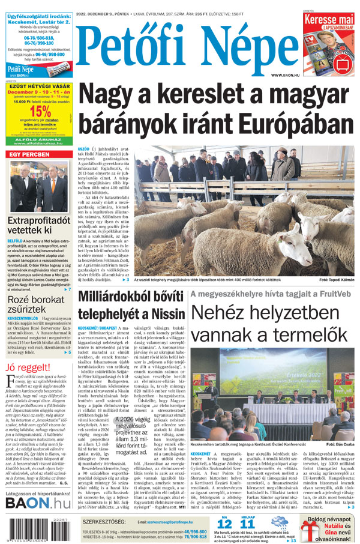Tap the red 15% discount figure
point(40,112)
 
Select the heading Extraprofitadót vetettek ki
point(38,225)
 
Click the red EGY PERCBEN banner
point(29,155)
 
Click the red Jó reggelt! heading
point(28,367)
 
